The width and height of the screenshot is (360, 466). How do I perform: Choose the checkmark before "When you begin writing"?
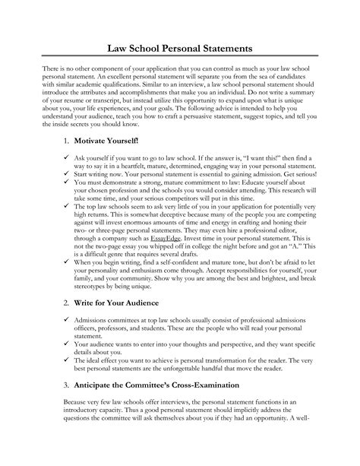click(x=67, y=283)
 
